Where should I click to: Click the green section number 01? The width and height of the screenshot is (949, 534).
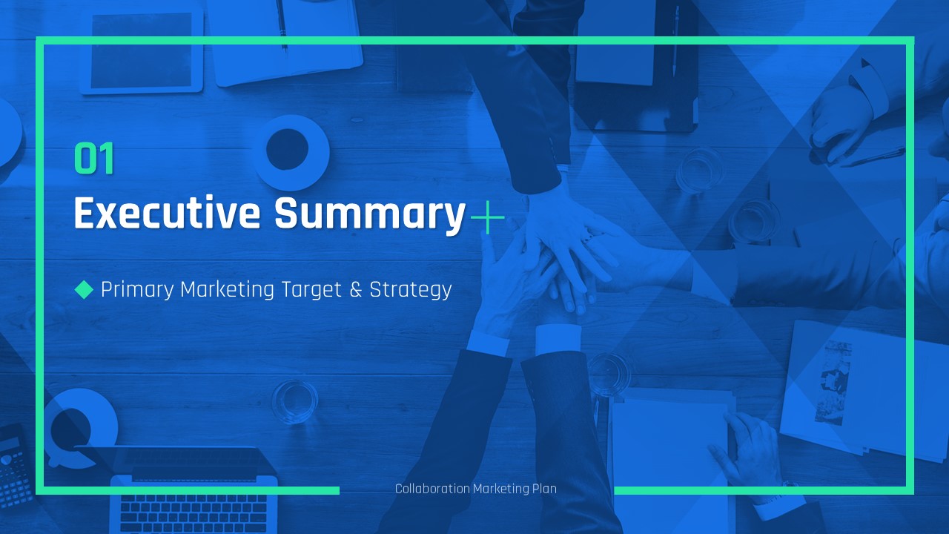(94, 158)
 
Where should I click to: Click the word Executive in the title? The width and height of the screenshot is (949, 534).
(167, 212)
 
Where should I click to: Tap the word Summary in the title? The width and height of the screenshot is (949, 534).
(370, 214)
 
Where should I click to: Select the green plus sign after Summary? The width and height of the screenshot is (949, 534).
(488, 217)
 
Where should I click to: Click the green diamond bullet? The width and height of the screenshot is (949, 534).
(84, 290)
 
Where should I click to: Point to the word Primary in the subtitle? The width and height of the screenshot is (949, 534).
(137, 290)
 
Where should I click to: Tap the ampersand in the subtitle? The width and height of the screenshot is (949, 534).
(356, 290)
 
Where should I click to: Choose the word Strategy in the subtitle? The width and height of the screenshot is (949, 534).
(411, 290)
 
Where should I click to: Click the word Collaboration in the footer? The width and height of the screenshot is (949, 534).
(432, 489)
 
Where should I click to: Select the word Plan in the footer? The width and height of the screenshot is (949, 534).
(544, 489)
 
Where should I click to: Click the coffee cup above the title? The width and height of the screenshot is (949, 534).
(291, 152)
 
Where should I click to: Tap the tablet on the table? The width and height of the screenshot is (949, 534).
(141, 51)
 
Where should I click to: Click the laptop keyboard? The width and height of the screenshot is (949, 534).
(194, 512)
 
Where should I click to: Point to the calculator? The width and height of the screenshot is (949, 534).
(15, 467)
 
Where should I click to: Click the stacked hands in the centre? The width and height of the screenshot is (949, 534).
(563, 254)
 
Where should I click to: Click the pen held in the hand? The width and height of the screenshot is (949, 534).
(873, 156)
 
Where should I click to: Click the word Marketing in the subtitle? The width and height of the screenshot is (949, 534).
(227, 290)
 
